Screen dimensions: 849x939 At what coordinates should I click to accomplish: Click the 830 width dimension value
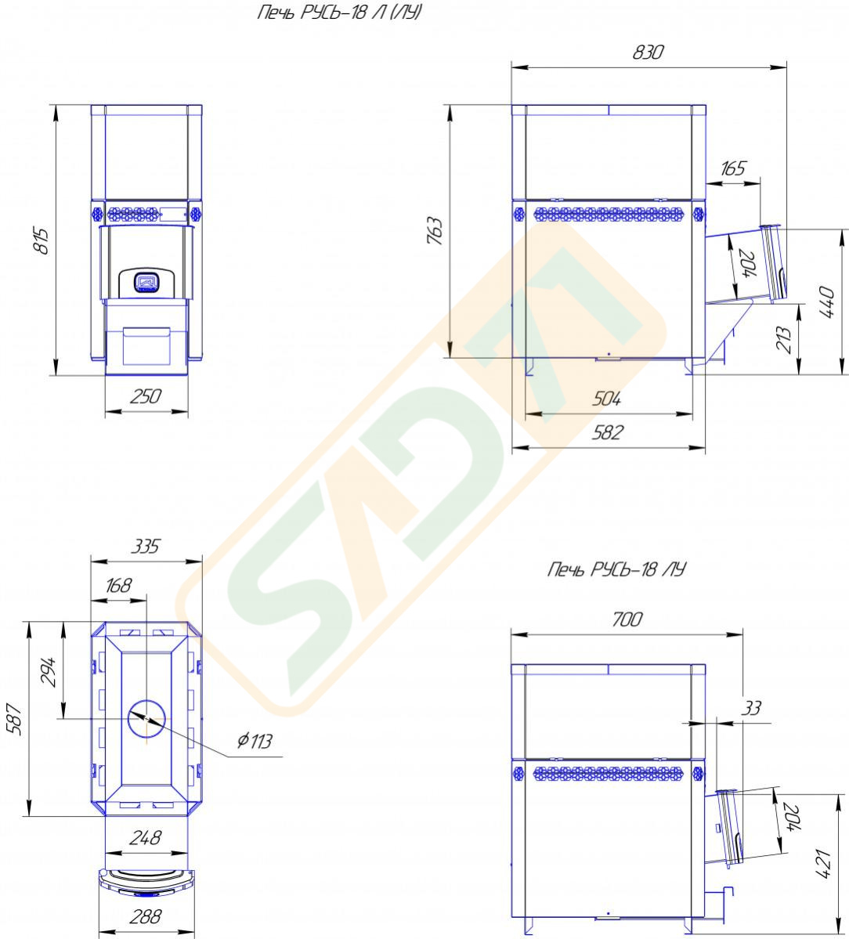tap(648, 52)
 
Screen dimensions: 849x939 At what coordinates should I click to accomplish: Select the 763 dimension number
tap(435, 230)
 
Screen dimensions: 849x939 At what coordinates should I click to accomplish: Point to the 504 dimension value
tap(606, 399)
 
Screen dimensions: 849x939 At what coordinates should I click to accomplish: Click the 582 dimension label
tap(607, 432)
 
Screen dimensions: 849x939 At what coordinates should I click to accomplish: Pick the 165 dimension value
tap(732, 168)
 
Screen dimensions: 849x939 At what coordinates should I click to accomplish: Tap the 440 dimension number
tap(826, 302)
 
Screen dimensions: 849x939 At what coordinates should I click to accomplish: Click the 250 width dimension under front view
tap(146, 396)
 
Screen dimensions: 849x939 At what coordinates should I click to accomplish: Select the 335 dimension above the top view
tap(146, 546)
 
